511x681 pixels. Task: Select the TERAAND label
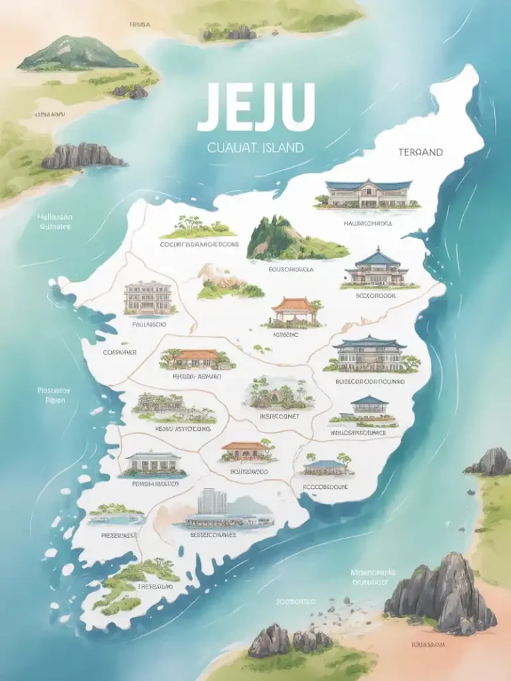pyautogui.click(x=421, y=152)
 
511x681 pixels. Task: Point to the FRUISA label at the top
pyautogui.click(x=140, y=24)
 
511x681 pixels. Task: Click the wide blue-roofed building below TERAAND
pyautogui.click(x=367, y=194)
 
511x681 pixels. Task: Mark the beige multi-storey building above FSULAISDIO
pyautogui.click(x=148, y=297)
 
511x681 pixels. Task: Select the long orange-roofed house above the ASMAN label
pyautogui.click(x=197, y=359)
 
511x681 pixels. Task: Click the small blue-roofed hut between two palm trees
pyautogui.click(x=326, y=466)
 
